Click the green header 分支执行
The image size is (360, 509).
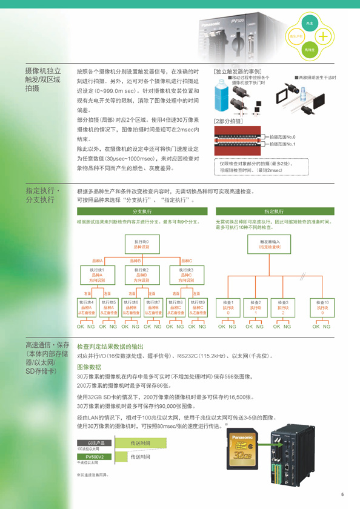click(141, 211)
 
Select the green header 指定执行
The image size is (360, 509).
click(274, 211)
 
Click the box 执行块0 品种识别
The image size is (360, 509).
click(141, 244)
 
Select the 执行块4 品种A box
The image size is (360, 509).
click(87, 307)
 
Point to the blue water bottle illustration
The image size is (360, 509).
click(224, 96)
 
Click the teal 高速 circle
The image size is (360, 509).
click(309, 23)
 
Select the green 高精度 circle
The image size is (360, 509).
click(309, 50)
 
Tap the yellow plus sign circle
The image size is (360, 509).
click(324, 36)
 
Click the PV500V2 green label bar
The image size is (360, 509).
click(94, 456)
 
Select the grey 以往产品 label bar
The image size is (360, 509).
click(94, 444)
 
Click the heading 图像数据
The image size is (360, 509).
click(89, 367)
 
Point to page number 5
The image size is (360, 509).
click(342, 493)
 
